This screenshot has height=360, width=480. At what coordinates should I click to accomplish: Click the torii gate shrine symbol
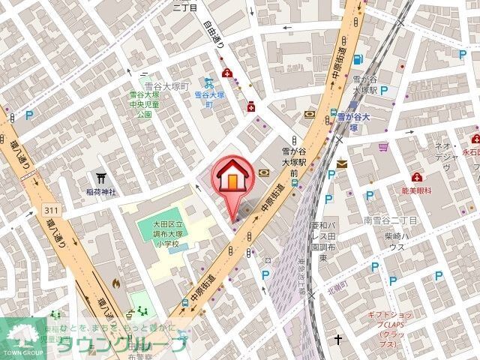click(x=101, y=178)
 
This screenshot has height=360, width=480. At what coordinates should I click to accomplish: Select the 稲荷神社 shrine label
click(x=100, y=192)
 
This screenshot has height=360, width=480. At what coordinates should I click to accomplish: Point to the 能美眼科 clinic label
click(x=418, y=191)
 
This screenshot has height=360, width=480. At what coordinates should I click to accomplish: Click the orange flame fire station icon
click(x=116, y=284)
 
